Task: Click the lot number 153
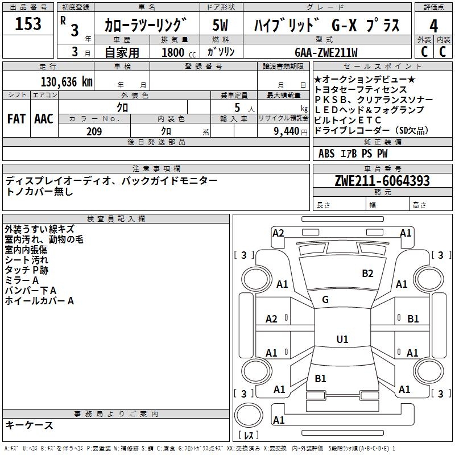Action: (28, 24)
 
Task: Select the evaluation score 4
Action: (433, 26)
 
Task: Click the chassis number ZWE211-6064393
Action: (382, 181)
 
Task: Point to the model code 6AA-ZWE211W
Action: (326, 52)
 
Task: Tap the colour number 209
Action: (94, 131)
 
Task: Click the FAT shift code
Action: (16, 119)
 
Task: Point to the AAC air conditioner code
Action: (43, 119)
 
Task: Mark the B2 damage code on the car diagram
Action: (368, 274)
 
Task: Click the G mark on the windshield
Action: (325, 300)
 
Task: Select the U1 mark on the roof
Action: (342, 340)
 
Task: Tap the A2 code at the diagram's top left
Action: (278, 233)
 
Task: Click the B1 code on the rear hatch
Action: (320, 378)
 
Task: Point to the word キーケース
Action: (29, 425)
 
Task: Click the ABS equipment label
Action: (326, 153)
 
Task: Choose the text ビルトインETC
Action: (348, 120)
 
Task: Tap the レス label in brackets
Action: (249, 436)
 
